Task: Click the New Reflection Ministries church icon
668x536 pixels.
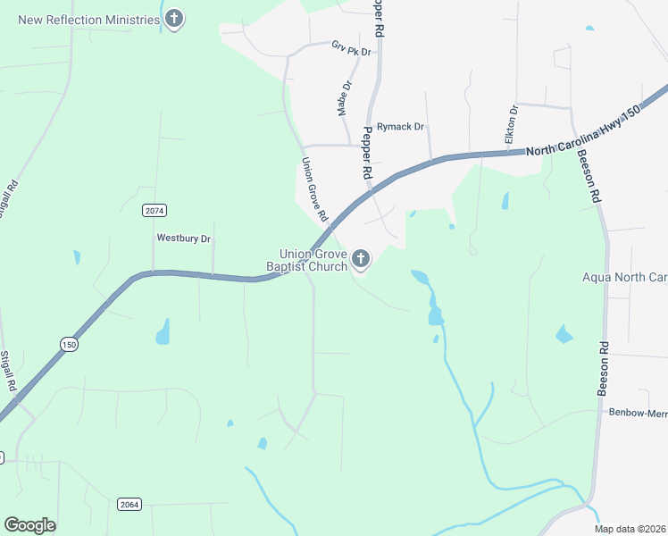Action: tap(174, 19)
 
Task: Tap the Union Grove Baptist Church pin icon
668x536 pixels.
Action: tap(361, 260)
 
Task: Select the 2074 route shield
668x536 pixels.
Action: tap(154, 210)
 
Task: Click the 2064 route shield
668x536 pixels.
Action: tap(129, 505)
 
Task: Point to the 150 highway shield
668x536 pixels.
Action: tap(69, 344)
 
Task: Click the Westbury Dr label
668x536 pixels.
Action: tap(183, 239)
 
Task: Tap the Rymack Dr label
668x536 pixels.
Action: tap(399, 127)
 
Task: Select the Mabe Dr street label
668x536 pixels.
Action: tap(344, 98)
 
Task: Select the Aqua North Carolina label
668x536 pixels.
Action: tap(624, 278)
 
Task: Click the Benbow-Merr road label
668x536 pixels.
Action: tap(638, 413)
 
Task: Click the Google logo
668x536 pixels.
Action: tap(29, 525)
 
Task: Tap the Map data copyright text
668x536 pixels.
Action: tap(630, 529)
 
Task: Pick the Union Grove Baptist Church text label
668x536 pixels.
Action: tap(306, 260)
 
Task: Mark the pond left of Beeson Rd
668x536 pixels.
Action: tap(564, 335)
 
